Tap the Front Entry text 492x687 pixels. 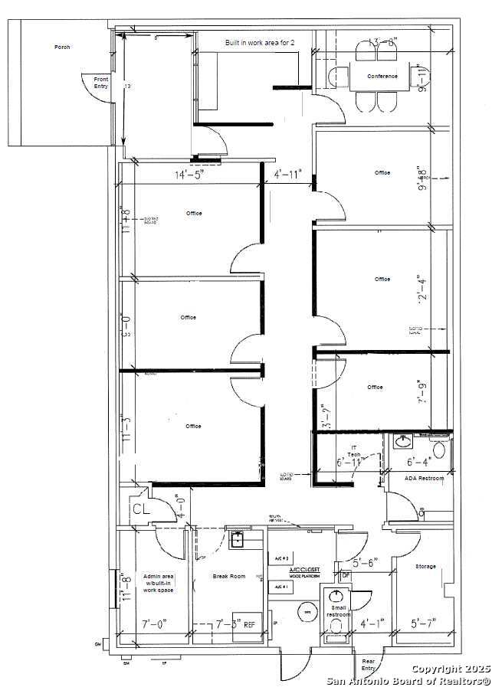tap(101, 83)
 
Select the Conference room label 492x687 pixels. tap(382, 76)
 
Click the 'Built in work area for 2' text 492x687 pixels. tap(259, 43)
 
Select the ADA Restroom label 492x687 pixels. tap(424, 478)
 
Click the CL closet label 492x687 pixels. tap(140, 509)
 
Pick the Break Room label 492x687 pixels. tap(229, 576)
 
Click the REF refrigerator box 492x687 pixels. tap(251, 624)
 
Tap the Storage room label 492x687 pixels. tap(425, 566)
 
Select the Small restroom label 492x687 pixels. tap(338, 611)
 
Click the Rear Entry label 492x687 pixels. tap(369, 664)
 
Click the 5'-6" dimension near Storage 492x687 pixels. tap(362, 563)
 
